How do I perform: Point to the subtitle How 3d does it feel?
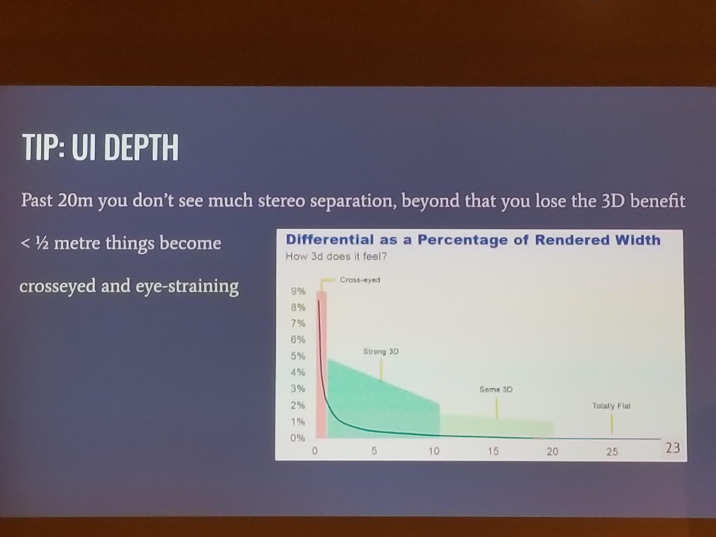[336, 257]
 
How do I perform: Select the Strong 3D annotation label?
[381, 352]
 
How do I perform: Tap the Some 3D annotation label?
[496, 389]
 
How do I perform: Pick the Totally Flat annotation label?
[611, 406]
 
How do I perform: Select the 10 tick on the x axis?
[434, 451]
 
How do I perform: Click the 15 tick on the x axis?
[493, 451]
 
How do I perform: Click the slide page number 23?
[673, 448]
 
